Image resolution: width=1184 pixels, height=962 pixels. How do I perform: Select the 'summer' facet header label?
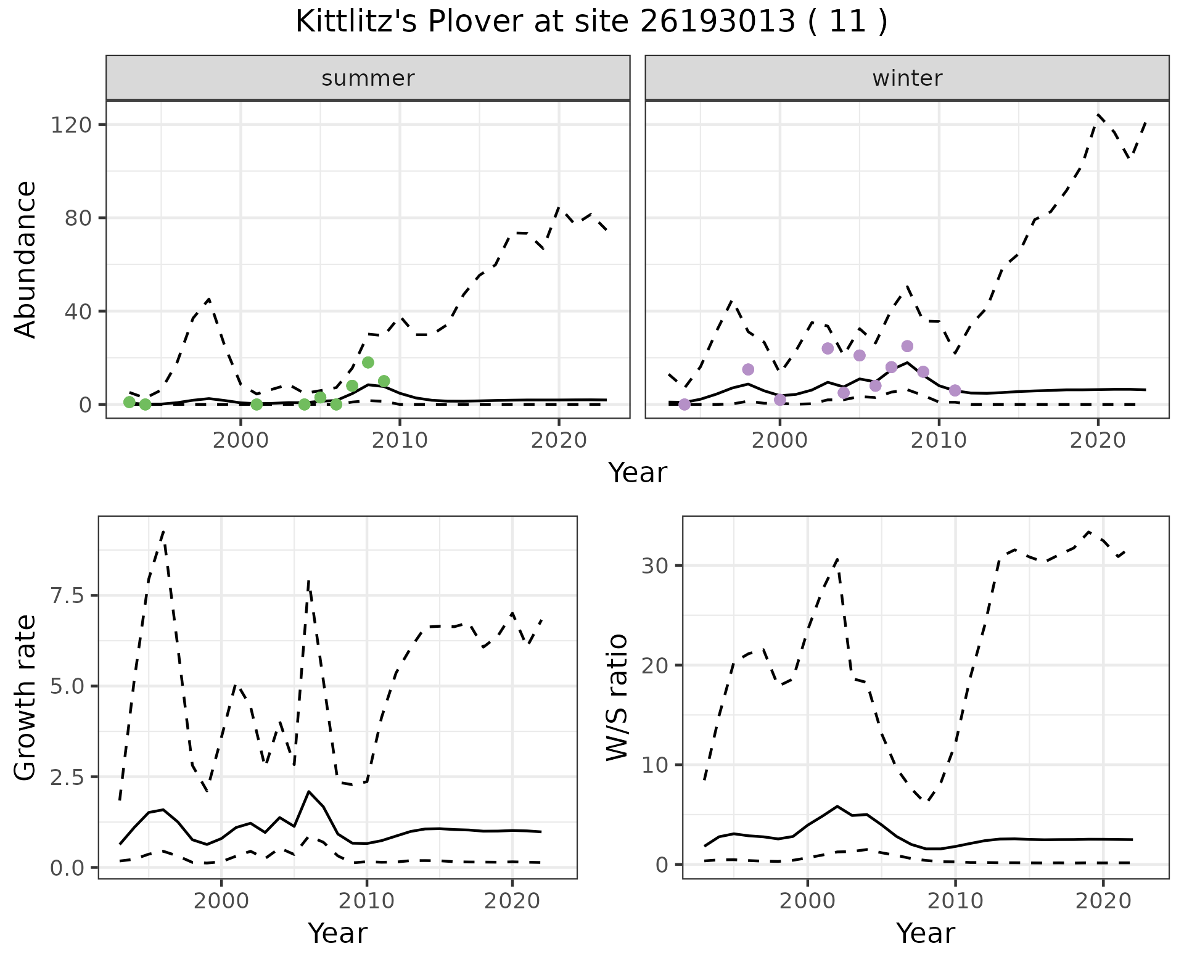coord(368,78)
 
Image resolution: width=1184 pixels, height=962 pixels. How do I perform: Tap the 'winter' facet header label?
coord(907,78)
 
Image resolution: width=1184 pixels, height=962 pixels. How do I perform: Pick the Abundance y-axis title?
coord(26,259)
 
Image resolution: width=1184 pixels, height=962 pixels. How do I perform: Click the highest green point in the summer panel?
coord(368,363)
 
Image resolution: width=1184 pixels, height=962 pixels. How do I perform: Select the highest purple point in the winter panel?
coord(907,346)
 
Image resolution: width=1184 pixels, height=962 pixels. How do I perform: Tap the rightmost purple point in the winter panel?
coord(955,390)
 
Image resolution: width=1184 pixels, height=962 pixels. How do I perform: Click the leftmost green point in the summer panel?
coord(129,402)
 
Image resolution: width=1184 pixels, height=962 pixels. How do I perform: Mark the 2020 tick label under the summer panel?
coord(559,441)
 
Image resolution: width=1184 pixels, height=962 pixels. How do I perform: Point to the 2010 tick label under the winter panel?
coord(939,441)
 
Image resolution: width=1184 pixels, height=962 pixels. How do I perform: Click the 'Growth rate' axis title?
coord(26,697)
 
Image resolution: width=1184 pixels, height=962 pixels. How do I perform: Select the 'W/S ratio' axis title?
coord(617,697)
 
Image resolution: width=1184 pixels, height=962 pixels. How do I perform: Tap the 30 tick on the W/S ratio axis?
coord(656,566)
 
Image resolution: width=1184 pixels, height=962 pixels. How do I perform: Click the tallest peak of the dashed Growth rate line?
coord(163,531)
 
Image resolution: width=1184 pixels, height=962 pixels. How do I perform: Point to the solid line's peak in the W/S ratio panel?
coord(837,806)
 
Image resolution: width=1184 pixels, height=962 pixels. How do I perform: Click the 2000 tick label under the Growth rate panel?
coord(221,901)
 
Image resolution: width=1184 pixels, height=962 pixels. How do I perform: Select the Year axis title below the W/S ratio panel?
coord(925,933)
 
